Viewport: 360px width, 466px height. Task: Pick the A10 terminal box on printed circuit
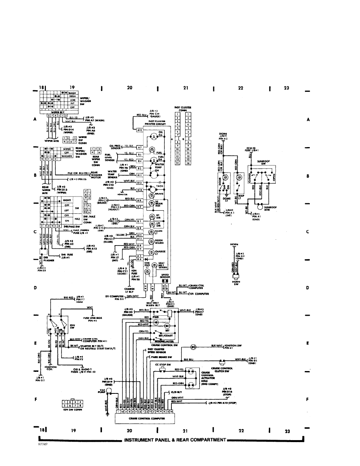tap(140, 130)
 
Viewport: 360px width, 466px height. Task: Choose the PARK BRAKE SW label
tap(161, 357)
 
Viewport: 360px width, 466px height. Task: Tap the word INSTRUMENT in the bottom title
tap(141, 439)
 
